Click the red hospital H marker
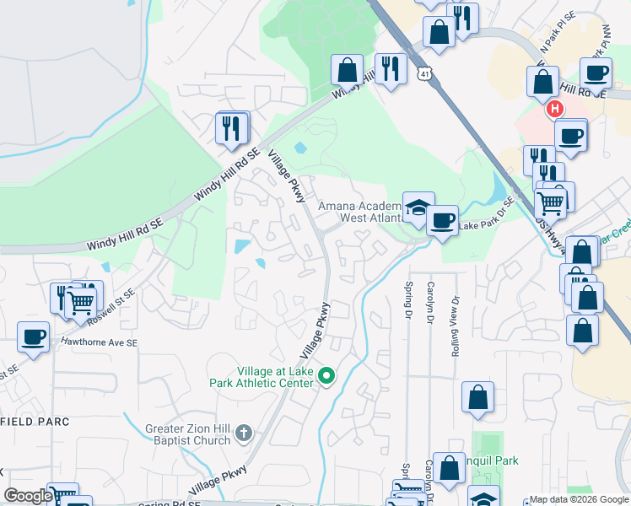554,109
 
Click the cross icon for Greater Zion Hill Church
244,433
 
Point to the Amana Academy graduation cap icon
418,207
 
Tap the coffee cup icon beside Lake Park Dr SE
441,221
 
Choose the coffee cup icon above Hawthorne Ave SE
33,336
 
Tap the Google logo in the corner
28,496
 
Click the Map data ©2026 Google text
578,499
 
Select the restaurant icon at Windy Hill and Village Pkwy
231,128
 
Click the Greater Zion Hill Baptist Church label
187,433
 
